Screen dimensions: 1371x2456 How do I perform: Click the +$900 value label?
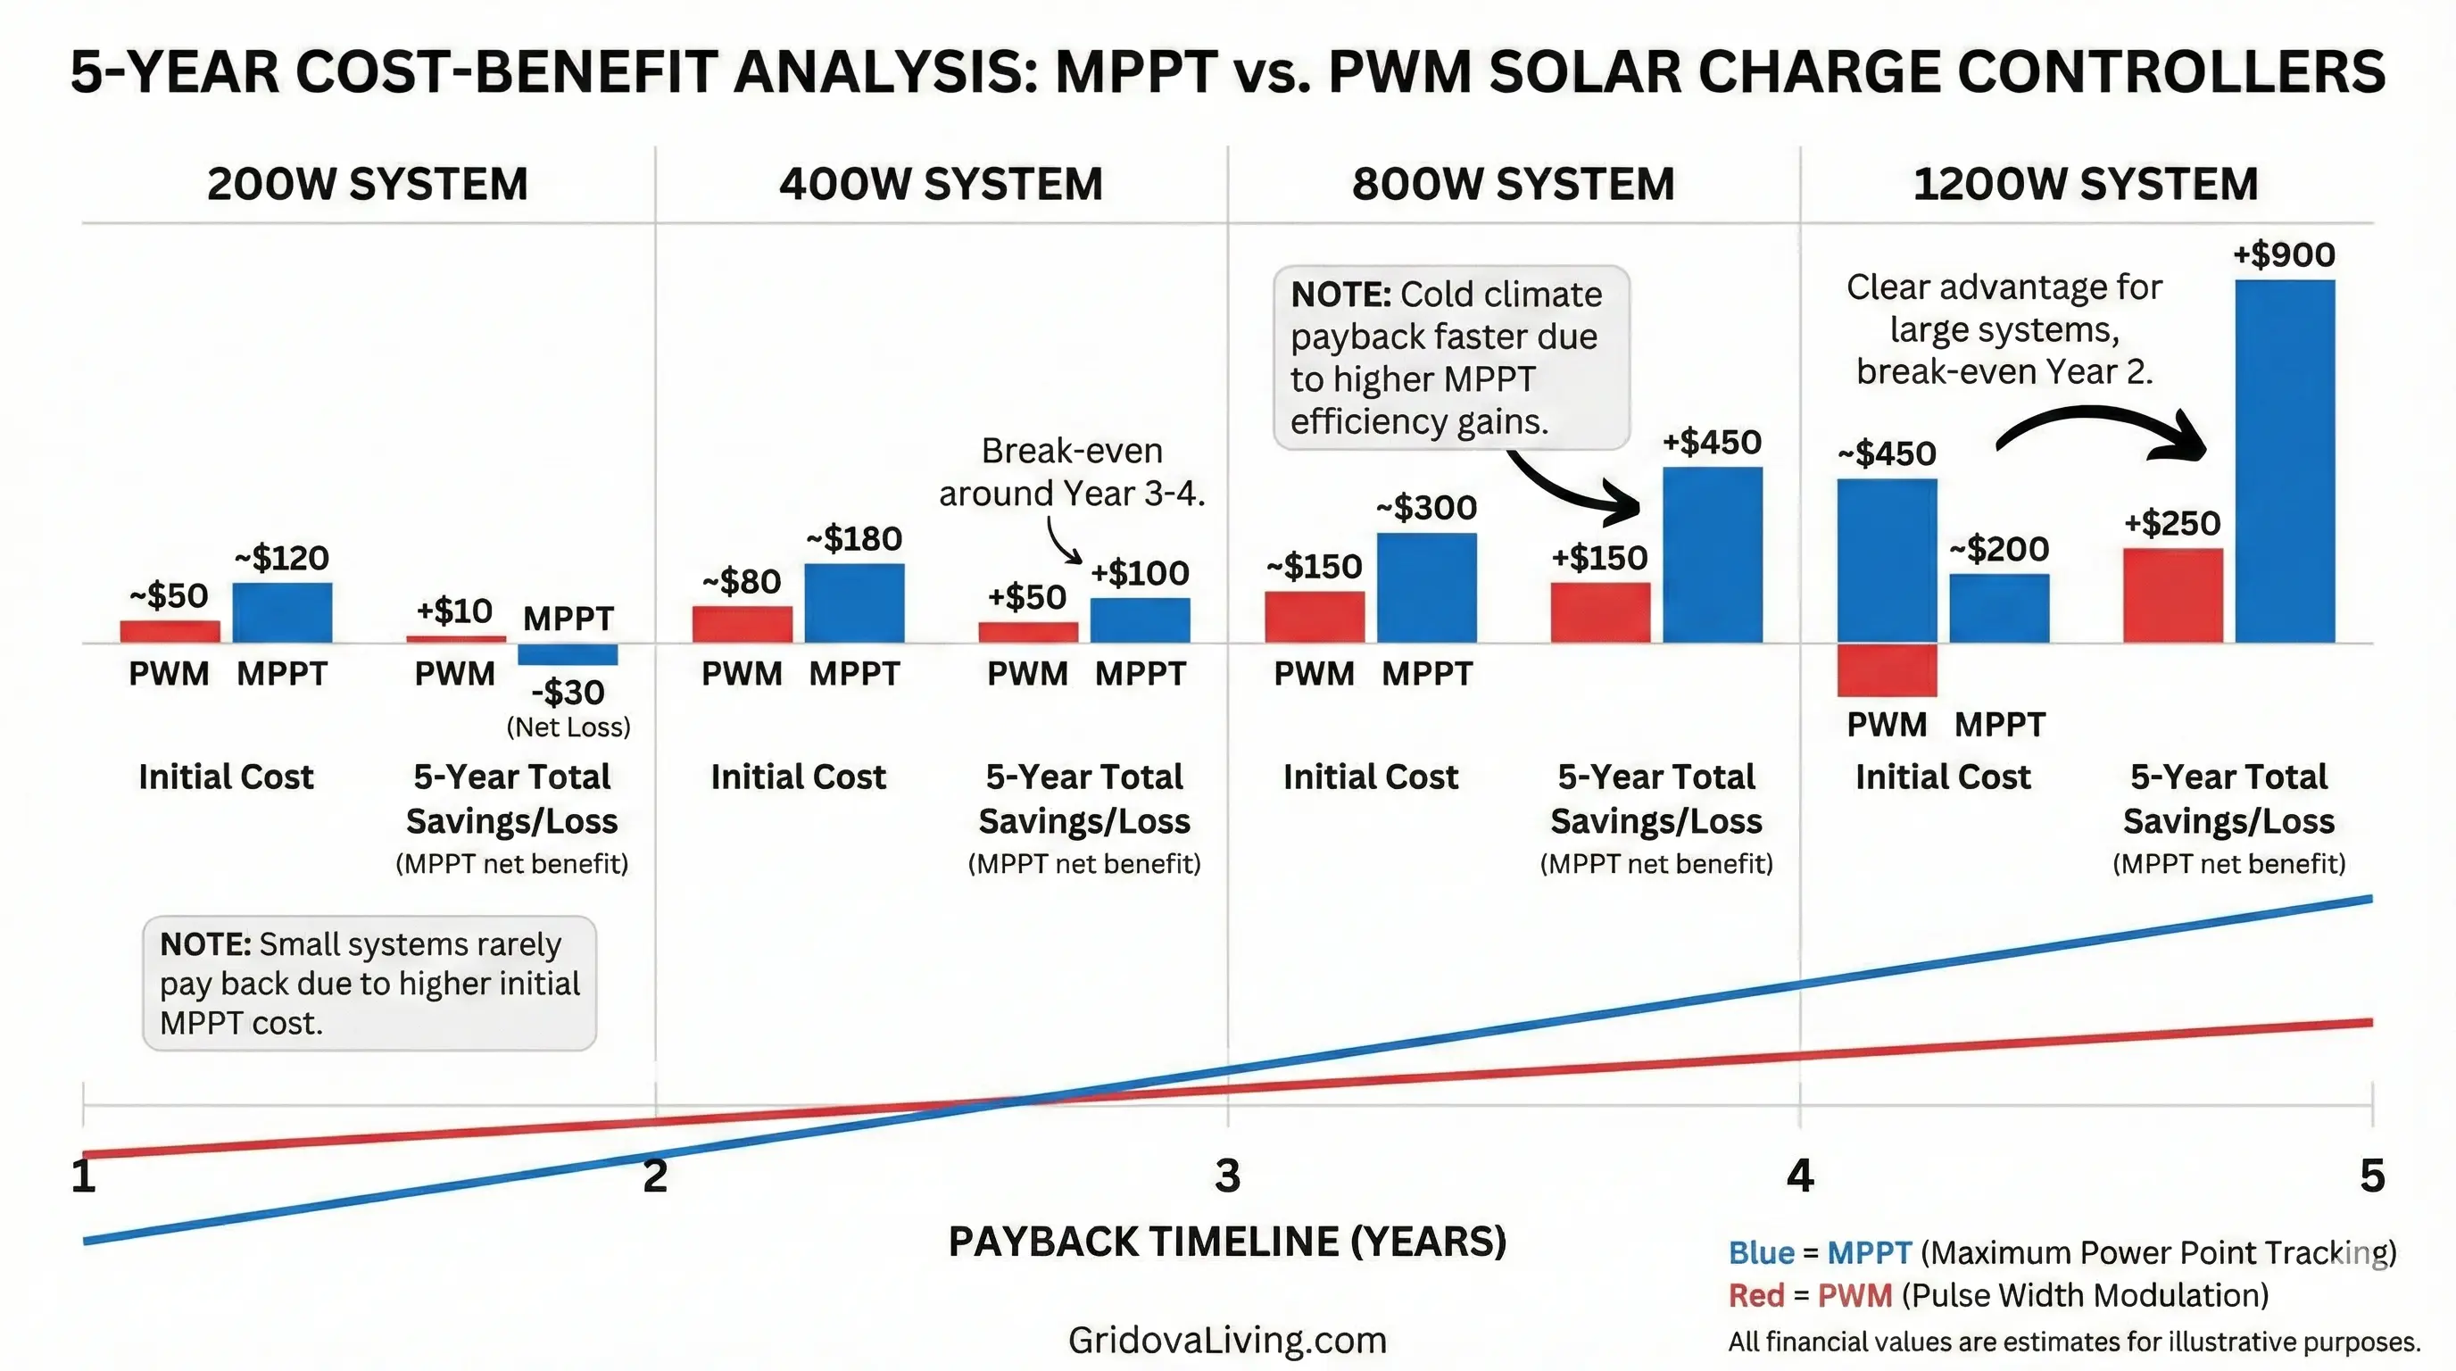pyautogui.click(x=2284, y=254)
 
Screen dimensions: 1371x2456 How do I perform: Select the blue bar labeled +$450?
pyautogui.click(x=1713, y=555)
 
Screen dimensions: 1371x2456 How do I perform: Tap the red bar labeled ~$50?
pyautogui.click(x=170, y=631)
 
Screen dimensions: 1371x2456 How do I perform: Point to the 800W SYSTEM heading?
pyautogui.click(x=1513, y=184)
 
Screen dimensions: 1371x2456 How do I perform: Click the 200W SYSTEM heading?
pyautogui.click(x=367, y=184)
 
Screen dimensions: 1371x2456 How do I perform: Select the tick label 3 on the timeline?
pyautogui.click(x=1227, y=1176)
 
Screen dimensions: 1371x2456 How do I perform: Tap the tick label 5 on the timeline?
pyautogui.click(x=2372, y=1176)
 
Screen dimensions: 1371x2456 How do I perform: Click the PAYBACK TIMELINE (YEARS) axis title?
pyautogui.click(x=1227, y=1242)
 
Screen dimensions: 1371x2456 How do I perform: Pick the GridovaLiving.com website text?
pyautogui.click(x=1227, y=1340)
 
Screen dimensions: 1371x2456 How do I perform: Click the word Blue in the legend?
pyautogui.click(x=1761, y=1253)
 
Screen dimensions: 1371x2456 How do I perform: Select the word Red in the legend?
pyautogui.click(x=1755, y=1296)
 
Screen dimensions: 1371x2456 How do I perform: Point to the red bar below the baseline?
pyautogui.click(x=1887, y=670)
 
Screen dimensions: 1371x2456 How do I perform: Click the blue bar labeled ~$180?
pyautogui.click(x=854, y=602)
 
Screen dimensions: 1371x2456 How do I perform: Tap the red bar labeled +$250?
pyautogui.click(x=2173, y=596)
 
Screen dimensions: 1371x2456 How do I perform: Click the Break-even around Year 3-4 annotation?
pyautogui.click(x=1072, y=472)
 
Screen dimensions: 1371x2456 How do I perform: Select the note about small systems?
pyautogui.click(x=369, y=983)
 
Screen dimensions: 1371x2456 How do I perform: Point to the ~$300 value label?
pyautogui.click(x=1426, y=507)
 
